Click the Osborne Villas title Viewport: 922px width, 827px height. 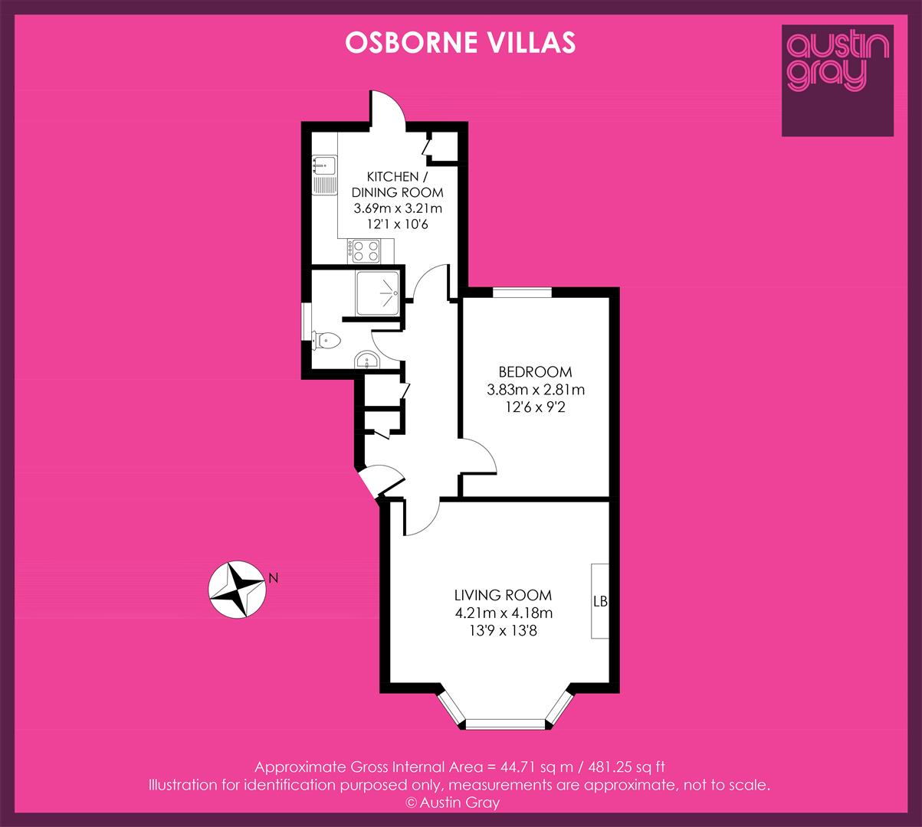tap(461, 43)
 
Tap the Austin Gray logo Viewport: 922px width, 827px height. tap(838, 80)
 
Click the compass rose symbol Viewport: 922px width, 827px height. tap(237, 590)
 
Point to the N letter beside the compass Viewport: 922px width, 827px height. tap(273, 578)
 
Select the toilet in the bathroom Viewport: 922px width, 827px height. tap(326, 341)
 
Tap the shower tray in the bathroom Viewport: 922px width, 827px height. tap(378, 293)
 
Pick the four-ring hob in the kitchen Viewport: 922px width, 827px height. tap(366, 251)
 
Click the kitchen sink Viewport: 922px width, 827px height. tap(324, 175)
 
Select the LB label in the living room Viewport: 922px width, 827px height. tap(600, 602)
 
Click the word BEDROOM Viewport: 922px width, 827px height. tap(535, 372)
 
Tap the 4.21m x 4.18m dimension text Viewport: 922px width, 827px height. tap(504, 613)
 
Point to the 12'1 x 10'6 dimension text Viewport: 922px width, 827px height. tap(397, 224)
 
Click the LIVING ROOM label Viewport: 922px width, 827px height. tap(503, 595)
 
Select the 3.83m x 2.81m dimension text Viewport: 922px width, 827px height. tap(536, 390)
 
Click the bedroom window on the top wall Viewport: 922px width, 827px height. tap(523, 293)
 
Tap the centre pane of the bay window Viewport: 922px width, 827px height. tap(505, 724)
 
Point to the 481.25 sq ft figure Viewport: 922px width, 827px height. tap(627, 767)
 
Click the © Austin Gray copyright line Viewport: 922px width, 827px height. tap(452, 803)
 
